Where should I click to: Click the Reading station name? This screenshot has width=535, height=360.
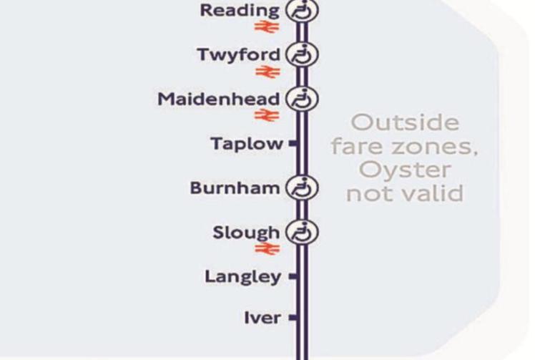(x=240, y=11)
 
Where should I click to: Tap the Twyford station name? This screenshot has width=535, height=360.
(x=240, y=54)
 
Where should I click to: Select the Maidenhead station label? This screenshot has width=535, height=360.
(x=220, y=99)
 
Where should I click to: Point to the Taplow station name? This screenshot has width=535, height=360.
(x=247, y=144)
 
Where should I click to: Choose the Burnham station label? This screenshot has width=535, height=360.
(x=235, y=188)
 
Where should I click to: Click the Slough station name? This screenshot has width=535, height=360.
(x=246, y=233)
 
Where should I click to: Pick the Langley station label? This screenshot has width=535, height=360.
(x=242, y=276)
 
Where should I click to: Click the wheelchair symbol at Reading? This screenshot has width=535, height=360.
(x=302, y=11)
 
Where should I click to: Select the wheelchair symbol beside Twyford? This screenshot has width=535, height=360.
(x=302, y=54)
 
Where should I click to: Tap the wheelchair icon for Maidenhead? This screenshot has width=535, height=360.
(x=302, y=99)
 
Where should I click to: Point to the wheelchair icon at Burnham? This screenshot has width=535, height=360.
(x=302, y=188)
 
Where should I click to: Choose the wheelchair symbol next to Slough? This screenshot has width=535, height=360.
(x=302, y=233)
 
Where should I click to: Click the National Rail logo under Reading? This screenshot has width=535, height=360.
(x=266, y=27)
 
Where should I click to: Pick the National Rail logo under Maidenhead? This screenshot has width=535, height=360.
(x=266, y=115)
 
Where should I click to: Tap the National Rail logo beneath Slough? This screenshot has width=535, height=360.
(x=266, y=249)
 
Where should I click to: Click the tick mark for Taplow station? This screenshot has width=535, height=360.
(x=293, y=144)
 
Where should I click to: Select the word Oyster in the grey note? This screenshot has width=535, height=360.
(x=405, y=170)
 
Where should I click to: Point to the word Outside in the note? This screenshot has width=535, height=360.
(x=405, y=122)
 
